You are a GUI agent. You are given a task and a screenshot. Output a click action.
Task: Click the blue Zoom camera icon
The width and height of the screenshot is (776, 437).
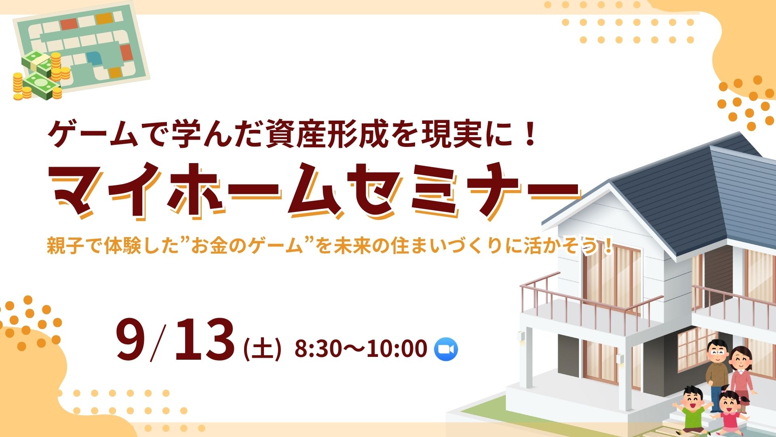point(446,349)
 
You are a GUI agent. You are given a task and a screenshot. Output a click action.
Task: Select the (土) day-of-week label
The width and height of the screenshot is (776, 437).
point(262,349)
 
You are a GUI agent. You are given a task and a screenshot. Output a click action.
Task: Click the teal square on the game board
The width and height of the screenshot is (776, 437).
point(95,58)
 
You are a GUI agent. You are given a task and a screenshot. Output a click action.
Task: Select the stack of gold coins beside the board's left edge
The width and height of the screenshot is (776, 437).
point(18,86)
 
